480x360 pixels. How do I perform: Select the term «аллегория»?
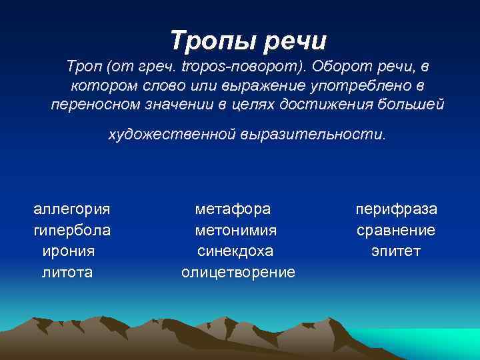tap(72, 209)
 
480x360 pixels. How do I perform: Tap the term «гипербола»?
tap(72, 230)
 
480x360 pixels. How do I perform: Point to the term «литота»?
tap(67, 272)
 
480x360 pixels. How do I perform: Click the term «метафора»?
tap(233, 209)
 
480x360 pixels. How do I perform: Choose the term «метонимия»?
tap(236, 230)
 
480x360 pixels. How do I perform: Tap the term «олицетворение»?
tap(238, 272)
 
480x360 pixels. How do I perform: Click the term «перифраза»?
tap(396, 209)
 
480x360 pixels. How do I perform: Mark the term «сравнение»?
tap(396, 230)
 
